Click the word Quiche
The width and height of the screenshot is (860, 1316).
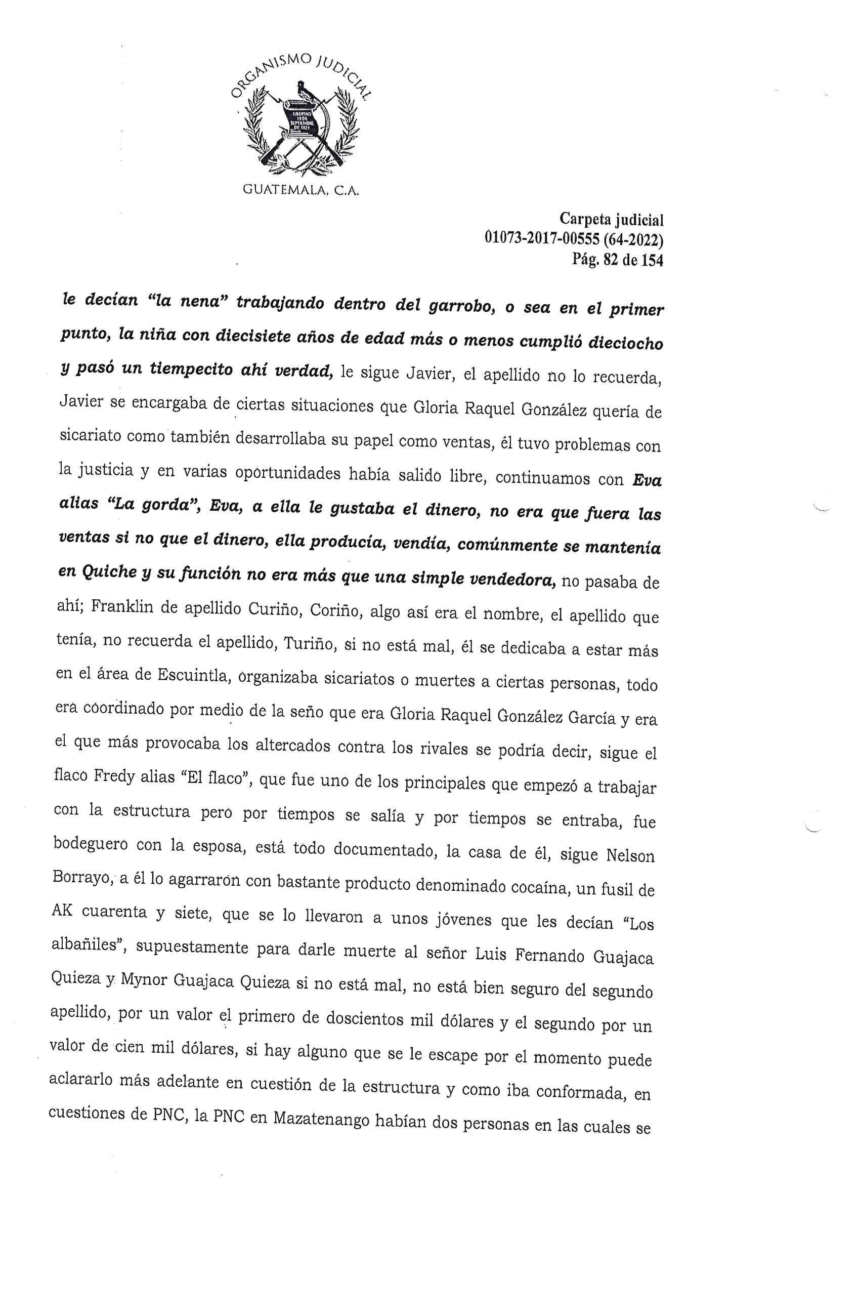point(108,572)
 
